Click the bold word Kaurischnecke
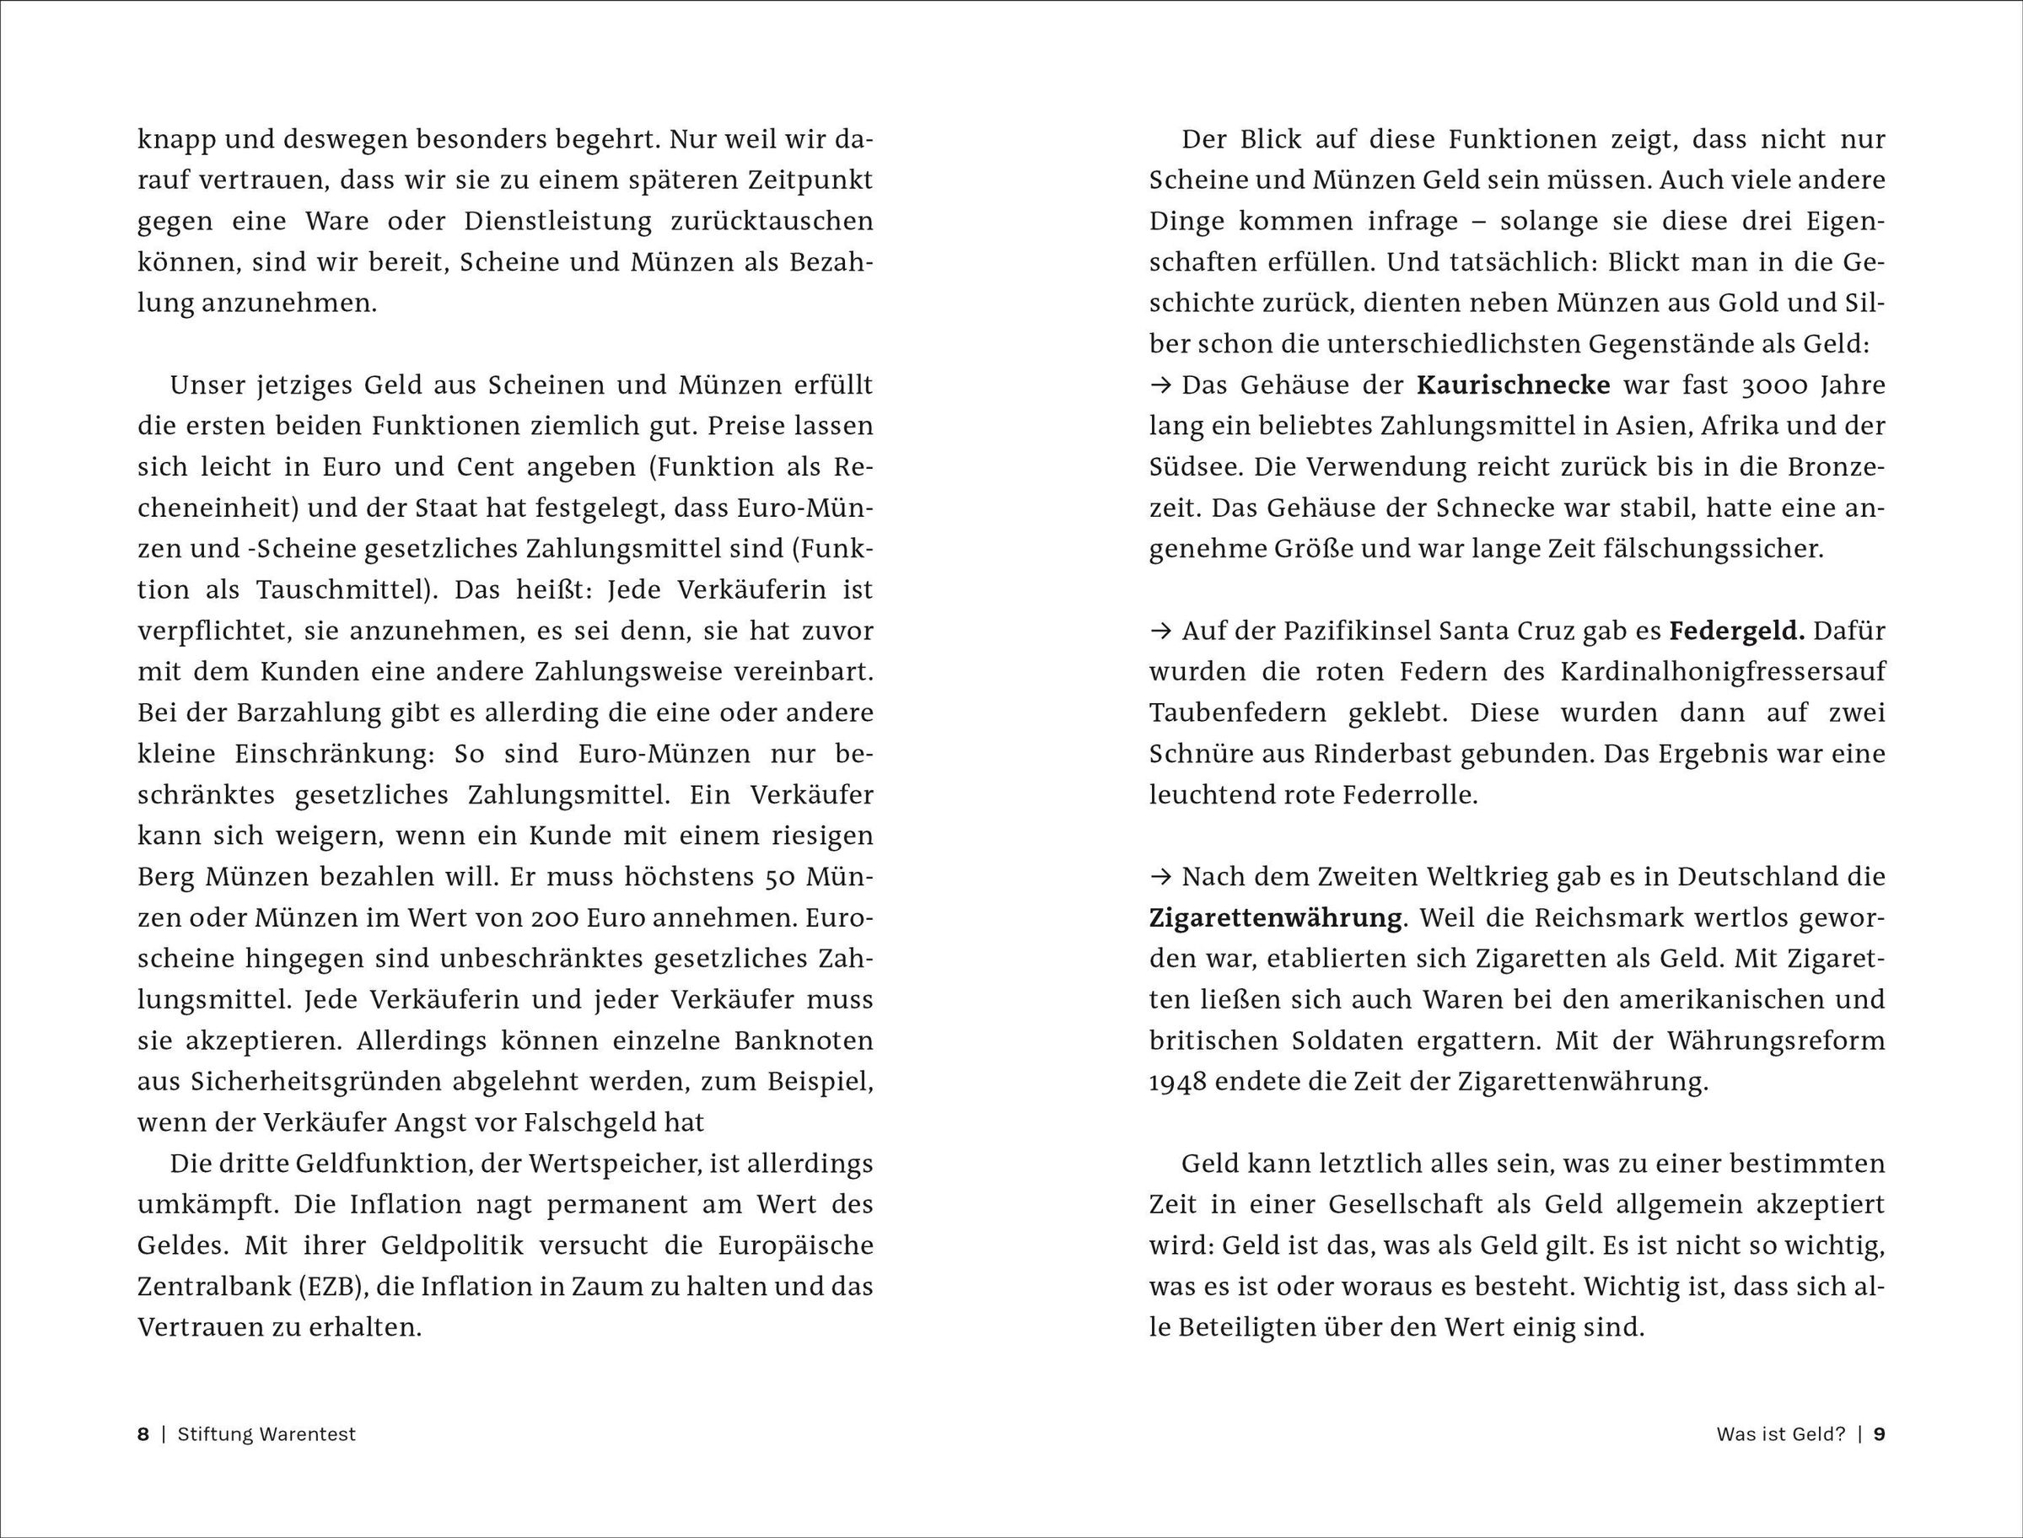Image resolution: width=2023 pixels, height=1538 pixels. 1513,385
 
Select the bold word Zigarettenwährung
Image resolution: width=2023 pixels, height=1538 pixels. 1276,918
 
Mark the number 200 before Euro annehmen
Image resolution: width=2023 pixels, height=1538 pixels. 527,918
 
